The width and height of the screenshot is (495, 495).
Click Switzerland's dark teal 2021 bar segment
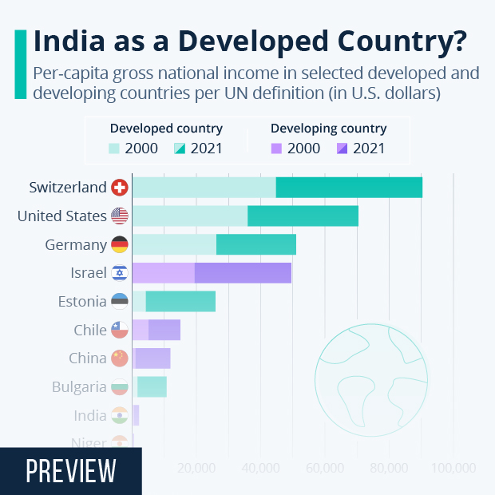(349, 188)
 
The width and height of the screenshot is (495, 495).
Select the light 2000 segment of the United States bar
(190, 216)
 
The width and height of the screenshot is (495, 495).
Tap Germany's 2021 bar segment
(256, 244)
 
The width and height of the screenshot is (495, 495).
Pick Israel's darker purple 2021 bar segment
(243, 273)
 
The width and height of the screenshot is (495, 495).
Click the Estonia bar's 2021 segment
(180, 302)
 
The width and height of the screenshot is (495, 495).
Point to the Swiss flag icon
(120, 188)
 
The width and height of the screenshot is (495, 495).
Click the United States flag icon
(120, 216)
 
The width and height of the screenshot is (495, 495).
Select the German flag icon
(120, 245)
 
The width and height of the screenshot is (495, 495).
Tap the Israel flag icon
(120, 273)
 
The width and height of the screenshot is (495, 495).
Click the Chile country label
(89, 331)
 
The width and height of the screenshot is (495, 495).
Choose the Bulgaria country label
(79, 387)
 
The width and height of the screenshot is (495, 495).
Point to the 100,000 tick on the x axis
(453, 467)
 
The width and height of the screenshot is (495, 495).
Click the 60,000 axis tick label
(325, 467)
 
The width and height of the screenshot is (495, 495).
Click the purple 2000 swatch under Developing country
(278, 148)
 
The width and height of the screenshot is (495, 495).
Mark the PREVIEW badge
(70, 471)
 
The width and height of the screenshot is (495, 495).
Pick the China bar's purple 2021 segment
(153, 358)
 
